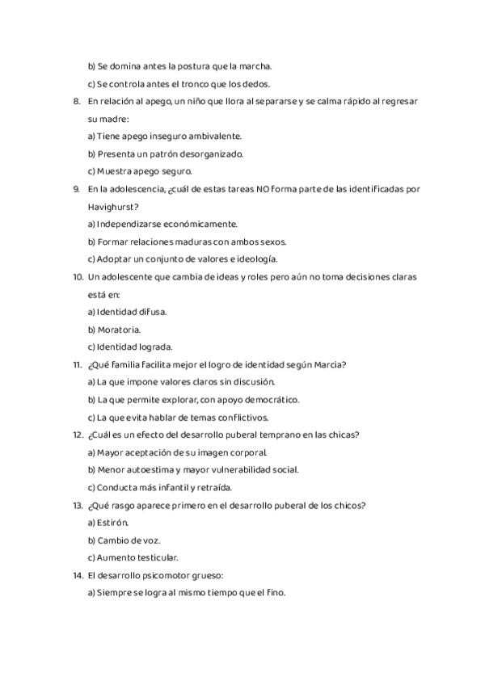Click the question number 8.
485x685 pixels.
[x=77, y=101]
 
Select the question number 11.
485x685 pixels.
[x=78, y=364]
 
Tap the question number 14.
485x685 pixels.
[x=78, y=575]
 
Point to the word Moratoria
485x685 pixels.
[x=120, y=330]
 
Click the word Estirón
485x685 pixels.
[x=112, y=523]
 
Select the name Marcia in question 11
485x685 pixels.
[x=331, y=364]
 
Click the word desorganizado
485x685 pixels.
[x=192, y=153]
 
